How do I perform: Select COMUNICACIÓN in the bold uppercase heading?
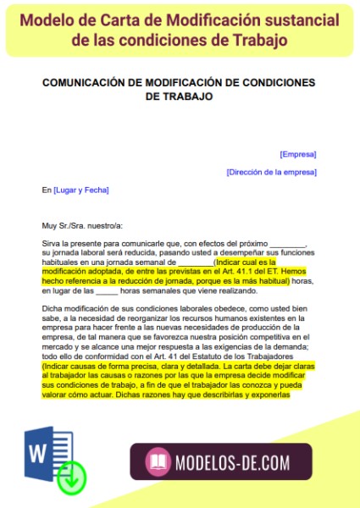(92, 82)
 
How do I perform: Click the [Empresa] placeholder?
(298, 154)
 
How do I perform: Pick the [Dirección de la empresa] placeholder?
(271, 172)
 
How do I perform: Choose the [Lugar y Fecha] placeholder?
(81, 190)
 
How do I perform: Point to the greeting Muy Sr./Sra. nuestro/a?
(82, 226)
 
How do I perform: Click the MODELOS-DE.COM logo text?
(230, 461)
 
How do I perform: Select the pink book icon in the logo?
(157, 461)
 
